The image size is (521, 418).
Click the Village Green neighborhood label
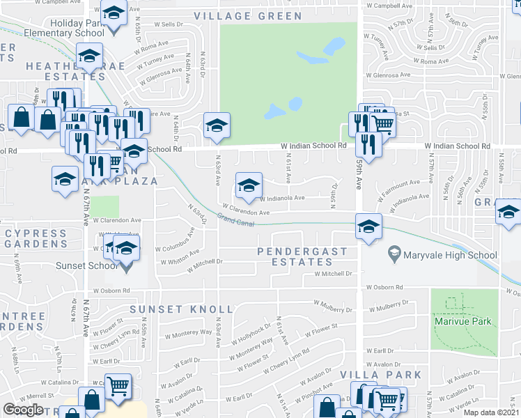[248, 16]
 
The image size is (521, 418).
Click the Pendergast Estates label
[295, 256]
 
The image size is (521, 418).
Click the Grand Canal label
[235, 219]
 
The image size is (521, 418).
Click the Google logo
[23, 410]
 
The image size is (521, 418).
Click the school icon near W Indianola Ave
[249, 185]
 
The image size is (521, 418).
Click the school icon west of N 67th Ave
[65, 179]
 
